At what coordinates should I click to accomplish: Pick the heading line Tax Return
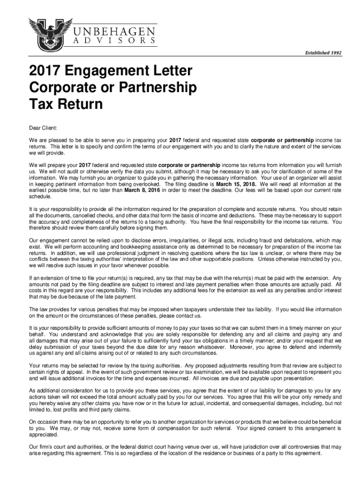coord(66,104)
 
